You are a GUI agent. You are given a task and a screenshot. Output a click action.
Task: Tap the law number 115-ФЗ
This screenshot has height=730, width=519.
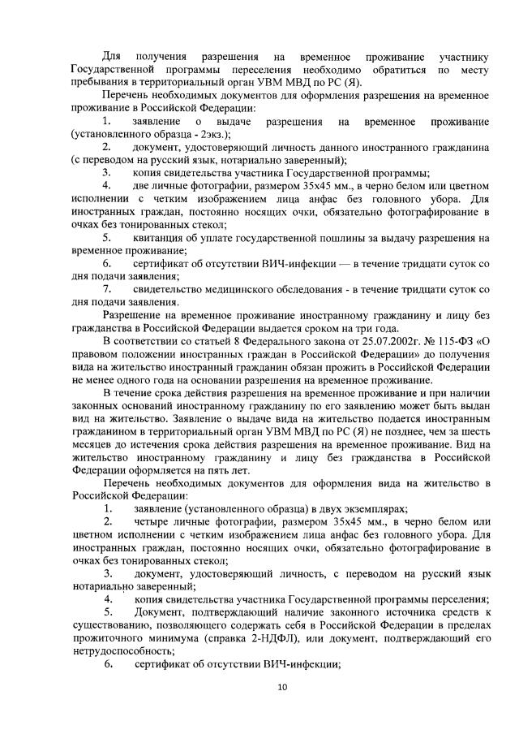point(455,341)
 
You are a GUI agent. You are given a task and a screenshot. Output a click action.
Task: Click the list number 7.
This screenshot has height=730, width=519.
point(107,290)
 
